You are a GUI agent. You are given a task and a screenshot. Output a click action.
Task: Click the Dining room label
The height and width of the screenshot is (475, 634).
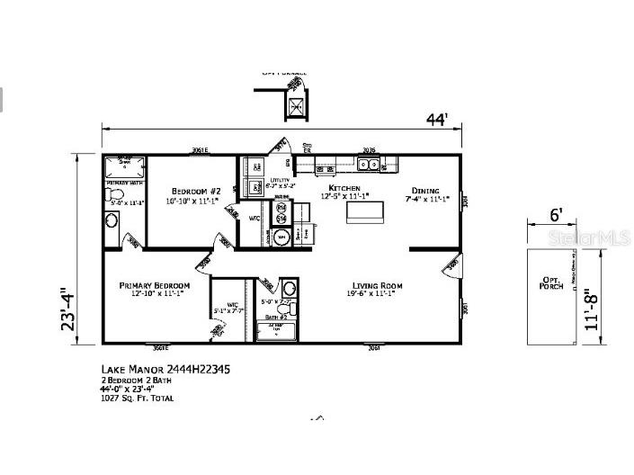[425, 191]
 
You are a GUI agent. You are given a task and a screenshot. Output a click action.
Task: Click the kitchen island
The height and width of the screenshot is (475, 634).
[365, 211]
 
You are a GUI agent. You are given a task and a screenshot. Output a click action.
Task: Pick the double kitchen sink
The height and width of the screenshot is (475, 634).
[368, 164]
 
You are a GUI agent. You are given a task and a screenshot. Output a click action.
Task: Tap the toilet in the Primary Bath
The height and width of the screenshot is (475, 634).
[112, 219]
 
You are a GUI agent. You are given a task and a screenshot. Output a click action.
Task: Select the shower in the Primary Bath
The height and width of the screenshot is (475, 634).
[123, 168]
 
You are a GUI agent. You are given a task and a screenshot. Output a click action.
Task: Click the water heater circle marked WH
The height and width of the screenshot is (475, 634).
[281, 237]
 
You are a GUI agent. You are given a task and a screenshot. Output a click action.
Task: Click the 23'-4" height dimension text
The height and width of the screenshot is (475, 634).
[67, 309]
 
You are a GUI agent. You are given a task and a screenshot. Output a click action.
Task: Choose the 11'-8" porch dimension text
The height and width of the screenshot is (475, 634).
[589, 309]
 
